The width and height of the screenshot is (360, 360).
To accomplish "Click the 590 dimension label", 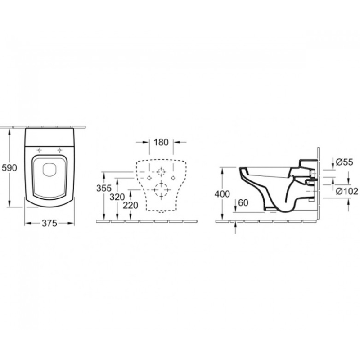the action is click(x=9, y=168).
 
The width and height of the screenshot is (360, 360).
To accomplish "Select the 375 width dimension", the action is click(x=49, y=223).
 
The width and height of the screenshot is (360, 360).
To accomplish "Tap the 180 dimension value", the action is click(x=161, y=142).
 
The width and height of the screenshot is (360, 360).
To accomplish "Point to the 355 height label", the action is click(x=104, y=188).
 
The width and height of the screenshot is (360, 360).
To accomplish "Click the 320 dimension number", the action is click(x=117, y=197).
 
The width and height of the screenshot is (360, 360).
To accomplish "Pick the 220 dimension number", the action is click(x=130, y=206).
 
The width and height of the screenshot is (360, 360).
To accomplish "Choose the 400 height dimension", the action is click(x=222, y=194).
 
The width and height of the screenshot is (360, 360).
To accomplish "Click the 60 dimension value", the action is click(x=243, y=203).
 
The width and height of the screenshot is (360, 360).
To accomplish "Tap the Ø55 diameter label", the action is click(x=344, y=162).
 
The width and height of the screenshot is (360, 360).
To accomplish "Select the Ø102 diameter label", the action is click(x=347, y=191).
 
